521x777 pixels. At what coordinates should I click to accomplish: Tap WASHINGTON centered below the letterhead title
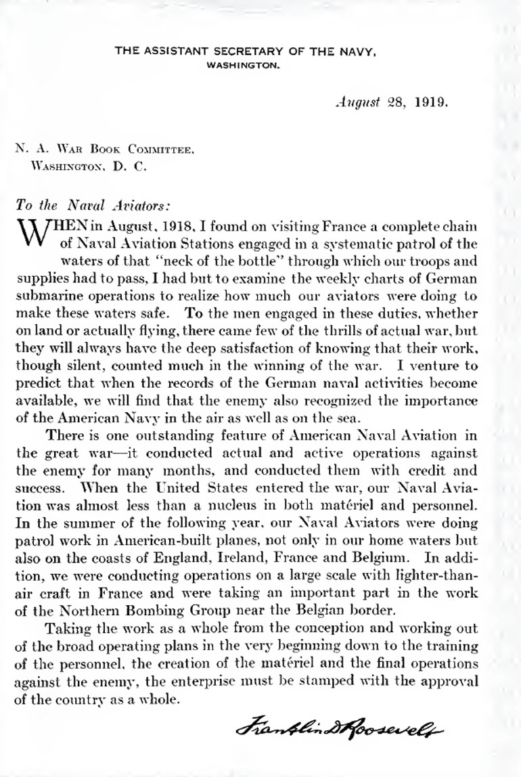[242, 66]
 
